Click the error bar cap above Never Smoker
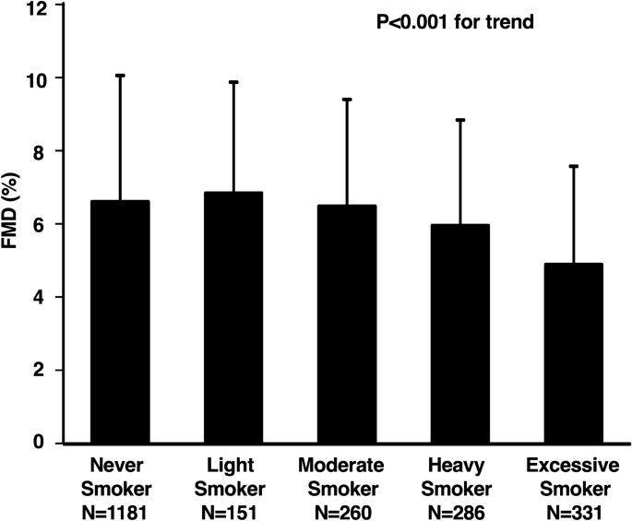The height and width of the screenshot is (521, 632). point(120,75)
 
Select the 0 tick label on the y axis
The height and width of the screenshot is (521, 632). point(41,444)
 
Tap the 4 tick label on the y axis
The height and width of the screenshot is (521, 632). point(41,298)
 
